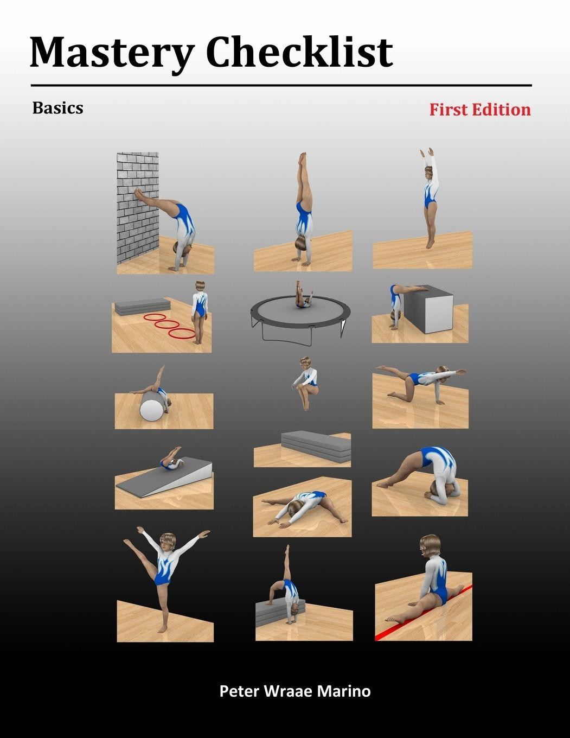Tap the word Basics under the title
point(57,107)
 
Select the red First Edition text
point(480,110)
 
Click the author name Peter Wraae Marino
point(295,691)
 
